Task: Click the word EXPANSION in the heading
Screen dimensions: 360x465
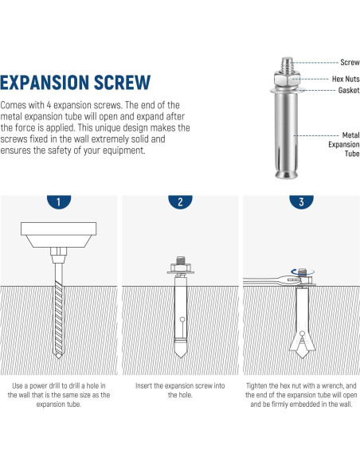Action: [x=45, y=83]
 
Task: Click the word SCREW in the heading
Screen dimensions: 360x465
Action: [x=123, y=83]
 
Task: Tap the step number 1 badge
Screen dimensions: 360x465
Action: [x=59, y=201]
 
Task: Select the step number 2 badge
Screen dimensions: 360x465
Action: [x=180, y=201]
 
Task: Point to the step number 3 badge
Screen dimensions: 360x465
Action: [x=301, y=201]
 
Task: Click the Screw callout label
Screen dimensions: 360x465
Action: [x=350, y=62]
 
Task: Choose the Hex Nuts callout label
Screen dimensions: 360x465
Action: [x=346, y=79]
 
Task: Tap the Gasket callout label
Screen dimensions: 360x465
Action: [x=349, y=90]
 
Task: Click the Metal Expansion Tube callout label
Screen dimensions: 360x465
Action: [x=344, y=144]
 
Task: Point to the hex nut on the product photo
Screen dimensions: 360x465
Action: [x=287, y=78]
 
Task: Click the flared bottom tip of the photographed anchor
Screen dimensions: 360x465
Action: [x=287, y=174]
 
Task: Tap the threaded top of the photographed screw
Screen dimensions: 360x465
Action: [x=287, y=63]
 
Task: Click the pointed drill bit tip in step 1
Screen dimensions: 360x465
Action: [x=58, y=356]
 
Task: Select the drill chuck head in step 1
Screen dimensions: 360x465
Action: [x=58, y=235]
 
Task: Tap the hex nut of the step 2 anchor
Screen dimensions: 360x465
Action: [x=181, y=268]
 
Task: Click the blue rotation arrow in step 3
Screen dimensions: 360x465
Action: [x=302, y=272]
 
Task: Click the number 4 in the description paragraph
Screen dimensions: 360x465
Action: [x=49, y=105]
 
